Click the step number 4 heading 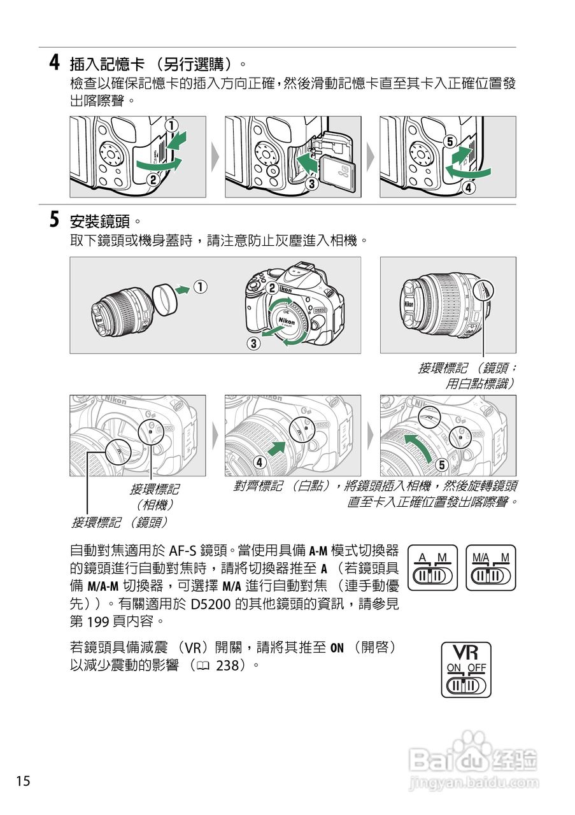(x=56, y=63)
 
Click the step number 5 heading (x=56, y=220)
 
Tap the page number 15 (x=23, y=781)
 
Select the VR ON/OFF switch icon (x=466, y=669)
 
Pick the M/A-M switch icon (x=491, y=567)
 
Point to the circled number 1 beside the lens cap (x=200, y=288)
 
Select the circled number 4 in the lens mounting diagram (x=260, y=462)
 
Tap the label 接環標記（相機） (x=155, y=496)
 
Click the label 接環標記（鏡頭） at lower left (x=119, y=522)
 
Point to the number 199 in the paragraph (x=99, y=620)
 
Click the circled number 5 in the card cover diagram (x=450, y=142)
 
